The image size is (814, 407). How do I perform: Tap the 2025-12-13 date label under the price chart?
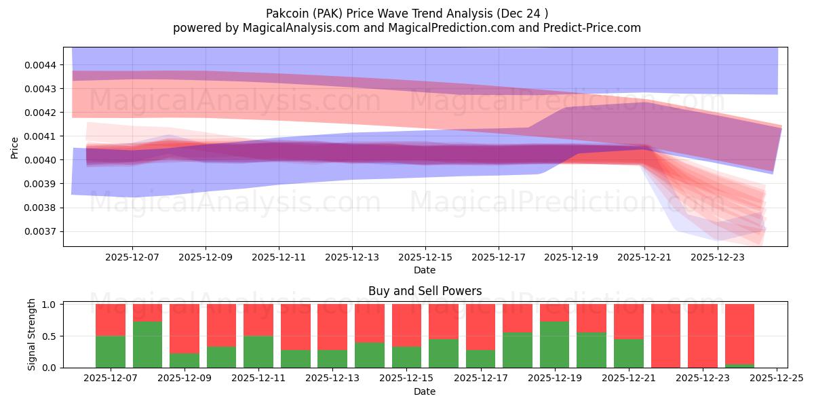[x=352, y=258]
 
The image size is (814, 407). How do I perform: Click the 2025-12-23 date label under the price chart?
[x=718, y=258]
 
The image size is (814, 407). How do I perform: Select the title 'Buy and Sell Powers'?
[x=425, y=292]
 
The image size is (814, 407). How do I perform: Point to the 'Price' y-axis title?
[x=15, y=147]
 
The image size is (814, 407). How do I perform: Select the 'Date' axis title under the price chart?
[x=425, y=271]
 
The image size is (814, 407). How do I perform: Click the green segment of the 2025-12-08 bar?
[x=148, y=345]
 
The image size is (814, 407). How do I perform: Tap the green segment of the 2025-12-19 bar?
[x=554, y=345]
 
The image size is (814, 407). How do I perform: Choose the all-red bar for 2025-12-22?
[x=665, y=336]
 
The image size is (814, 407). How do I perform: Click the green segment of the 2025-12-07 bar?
[x=111, y=351]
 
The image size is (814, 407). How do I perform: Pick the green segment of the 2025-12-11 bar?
[x=258, y=351]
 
